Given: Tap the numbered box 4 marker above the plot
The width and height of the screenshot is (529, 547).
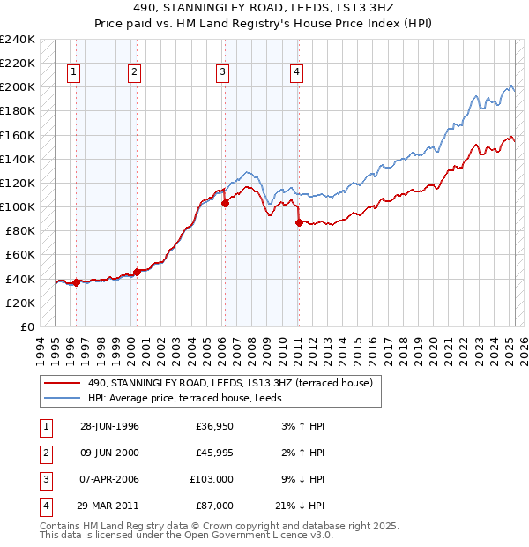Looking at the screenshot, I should click(297, 72).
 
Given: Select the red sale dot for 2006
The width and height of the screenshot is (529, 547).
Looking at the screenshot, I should click(225, 203).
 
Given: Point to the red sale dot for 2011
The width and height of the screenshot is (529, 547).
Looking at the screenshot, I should click(299, 222).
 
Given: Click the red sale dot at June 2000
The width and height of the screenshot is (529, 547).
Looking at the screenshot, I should click(137, 272).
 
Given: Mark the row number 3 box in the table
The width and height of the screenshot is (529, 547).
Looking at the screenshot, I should click(43, 479).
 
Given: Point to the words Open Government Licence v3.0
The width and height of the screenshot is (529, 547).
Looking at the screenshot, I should click(258, 535).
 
